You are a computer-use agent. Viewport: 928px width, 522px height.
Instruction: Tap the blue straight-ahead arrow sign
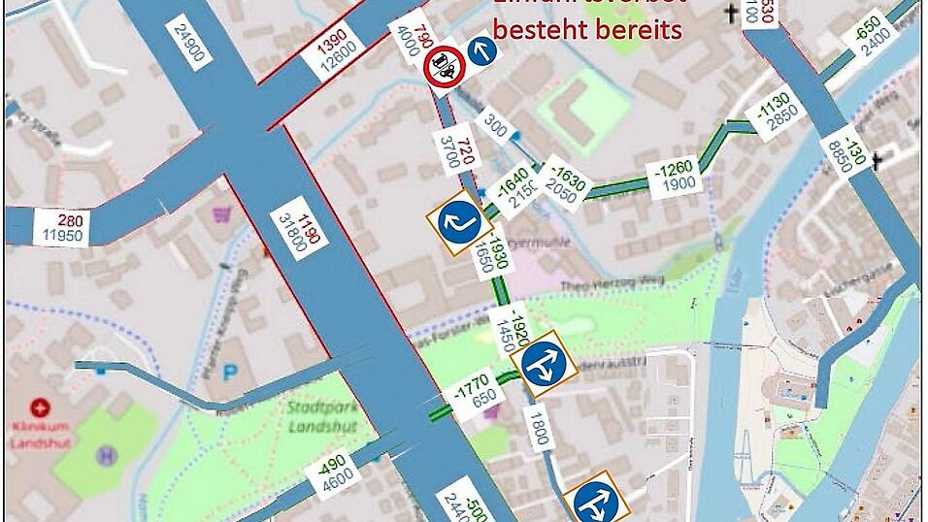point(481,49)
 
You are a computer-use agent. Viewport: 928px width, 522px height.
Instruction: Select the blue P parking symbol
point(230,372)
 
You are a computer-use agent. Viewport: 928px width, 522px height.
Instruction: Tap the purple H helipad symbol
point(106,454)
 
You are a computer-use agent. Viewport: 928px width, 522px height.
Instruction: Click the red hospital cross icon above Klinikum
point(39,408)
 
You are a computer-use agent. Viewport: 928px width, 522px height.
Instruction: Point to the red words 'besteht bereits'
point(587,29)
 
